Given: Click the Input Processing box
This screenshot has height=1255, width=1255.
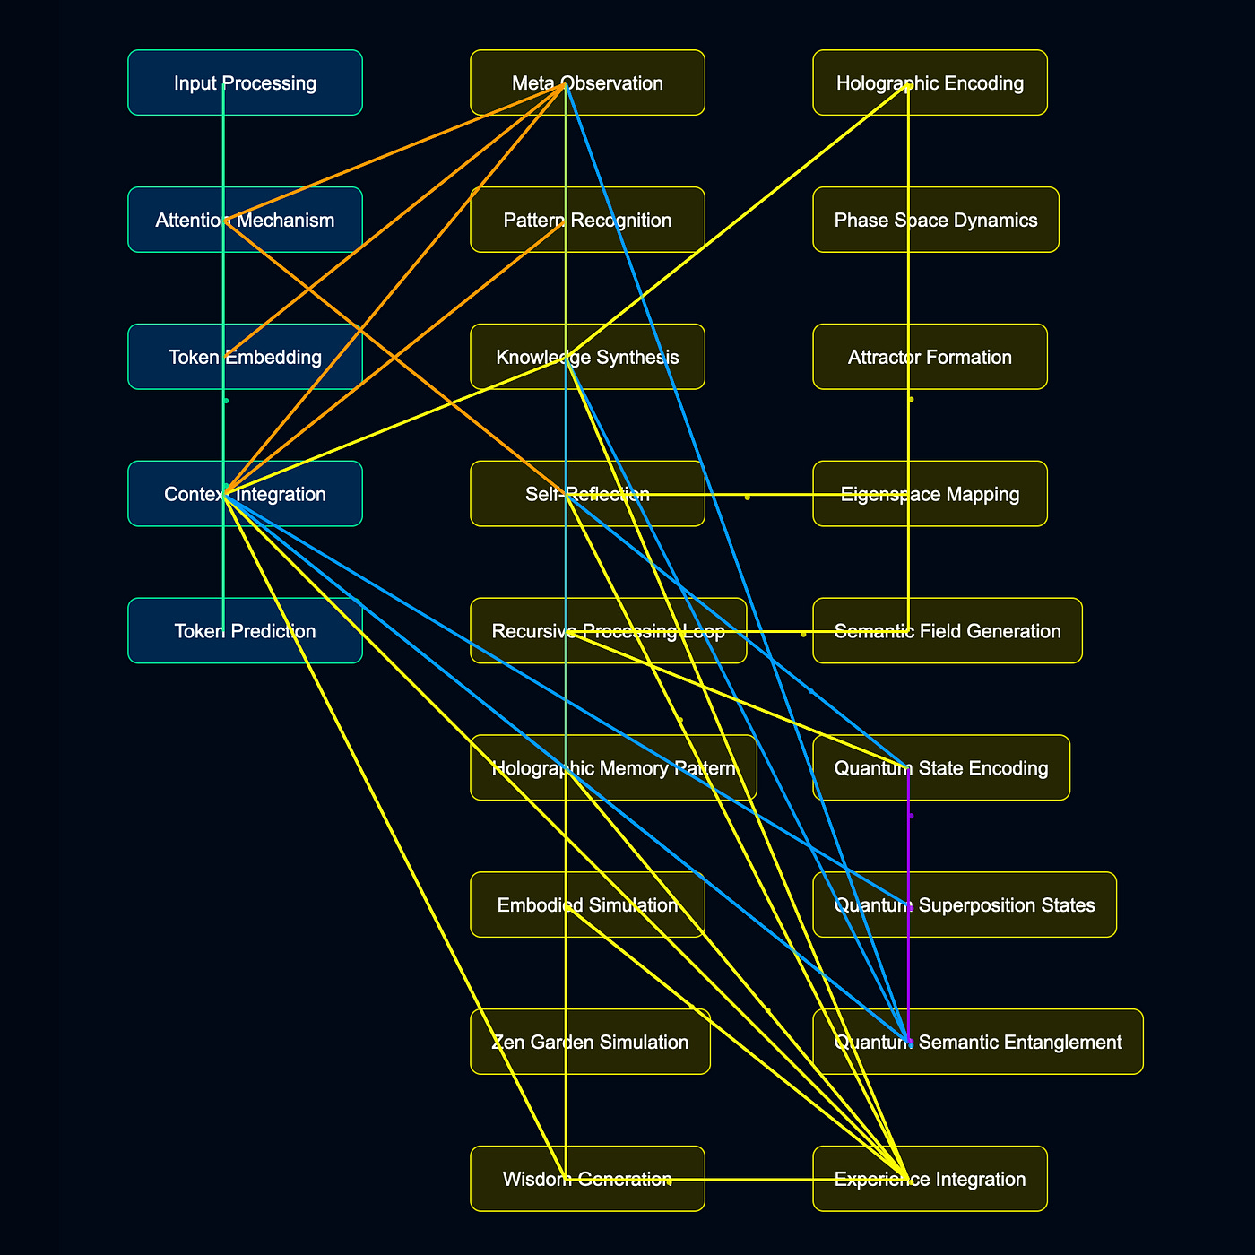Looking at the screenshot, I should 245,82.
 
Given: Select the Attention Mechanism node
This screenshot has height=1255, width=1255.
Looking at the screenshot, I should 245,220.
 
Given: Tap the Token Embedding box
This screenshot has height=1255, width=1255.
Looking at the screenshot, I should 245,357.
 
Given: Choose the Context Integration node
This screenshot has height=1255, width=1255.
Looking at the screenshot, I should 245,494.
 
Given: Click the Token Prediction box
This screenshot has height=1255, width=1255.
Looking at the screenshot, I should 245,631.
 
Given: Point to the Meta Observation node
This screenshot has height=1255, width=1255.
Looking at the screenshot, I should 587,82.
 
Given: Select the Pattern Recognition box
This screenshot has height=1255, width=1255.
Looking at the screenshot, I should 587,220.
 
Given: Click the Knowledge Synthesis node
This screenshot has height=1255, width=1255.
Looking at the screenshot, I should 587,357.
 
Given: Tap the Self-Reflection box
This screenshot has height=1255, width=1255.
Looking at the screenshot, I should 587,494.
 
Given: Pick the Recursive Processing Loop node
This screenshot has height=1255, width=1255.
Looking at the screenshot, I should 608,631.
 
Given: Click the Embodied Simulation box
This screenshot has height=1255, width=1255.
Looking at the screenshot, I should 587,905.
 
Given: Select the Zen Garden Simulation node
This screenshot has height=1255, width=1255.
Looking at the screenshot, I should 590,1042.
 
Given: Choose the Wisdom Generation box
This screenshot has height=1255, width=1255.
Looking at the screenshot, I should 587,1179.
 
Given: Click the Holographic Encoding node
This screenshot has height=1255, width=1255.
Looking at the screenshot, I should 930,82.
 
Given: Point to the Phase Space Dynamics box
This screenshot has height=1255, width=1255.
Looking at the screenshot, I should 936,220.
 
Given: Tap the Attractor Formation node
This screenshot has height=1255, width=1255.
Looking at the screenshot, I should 930,357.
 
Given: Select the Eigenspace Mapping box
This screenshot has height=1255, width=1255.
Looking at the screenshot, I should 930,494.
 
